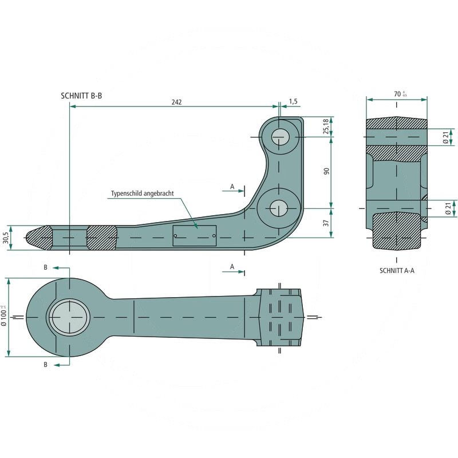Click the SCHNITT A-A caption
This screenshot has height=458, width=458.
pyautogui.click(x=397, y=270)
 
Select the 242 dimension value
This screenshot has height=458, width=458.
pyautogui.click(x=176, y=102)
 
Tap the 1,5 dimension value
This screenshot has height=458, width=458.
pyautogui.click(x=293, y=101)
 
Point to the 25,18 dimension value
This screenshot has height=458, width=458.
pyautogui.click(x=326, y=126)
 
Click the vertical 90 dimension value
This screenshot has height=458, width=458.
pyautogui.click(x=326, y=172)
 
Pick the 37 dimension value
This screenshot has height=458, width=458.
pyautogui.click(x=326, y=223)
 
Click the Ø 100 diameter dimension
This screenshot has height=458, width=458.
pyautogui.click(x=5, y=317)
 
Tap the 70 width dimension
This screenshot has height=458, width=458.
pyautogui.click(x=399, y=94)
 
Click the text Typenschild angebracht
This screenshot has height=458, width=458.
pyautogui.click(x=142, y=194)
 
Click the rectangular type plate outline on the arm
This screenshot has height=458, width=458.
pyautogui.click(x=194, y=235)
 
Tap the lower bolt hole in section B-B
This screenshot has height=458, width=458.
pyautogui.click(x=279, y=207)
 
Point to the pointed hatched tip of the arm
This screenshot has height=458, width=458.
pyautogui.click(x=38, y=236)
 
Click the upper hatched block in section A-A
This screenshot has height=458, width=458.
pyautogui.click(x=396, y=124)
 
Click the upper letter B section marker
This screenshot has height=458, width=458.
pyautogui.click(x=46, y=267)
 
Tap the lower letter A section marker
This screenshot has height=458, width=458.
pyautogui.click(x=232, y=267)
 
